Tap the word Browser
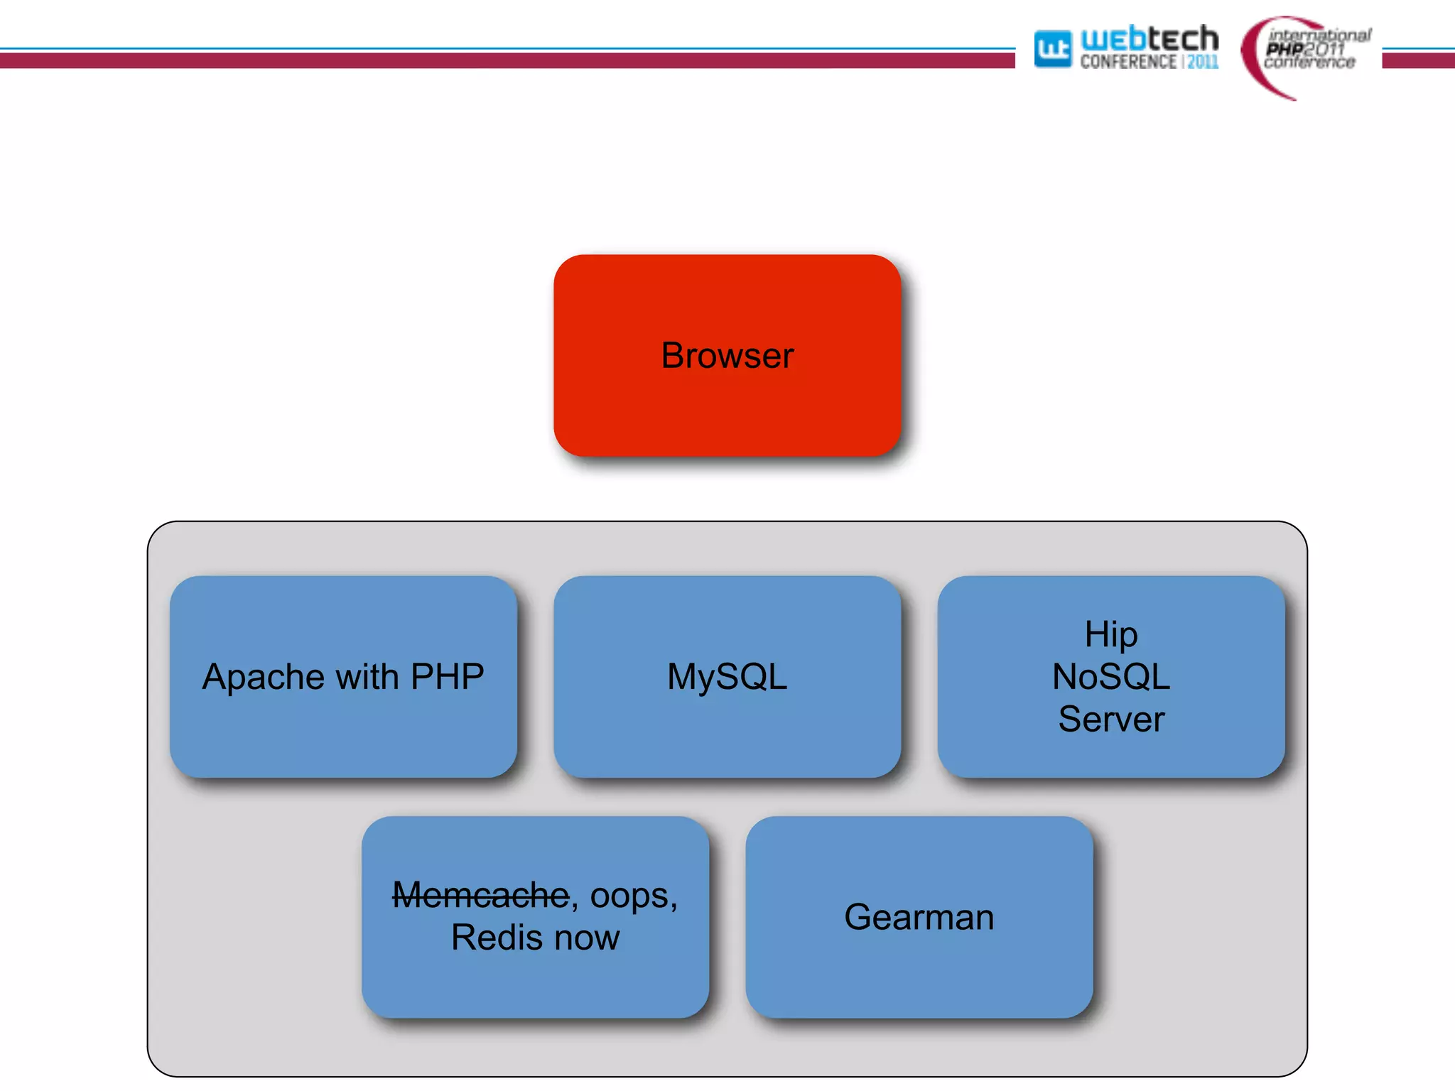[727, 355]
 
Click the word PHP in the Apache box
[447, 676]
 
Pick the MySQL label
[727, 677]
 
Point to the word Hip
[1110, 634]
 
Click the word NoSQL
[1110, 676]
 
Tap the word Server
[1110, 719]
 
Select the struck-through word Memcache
[480, 895]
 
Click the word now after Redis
[587, 938]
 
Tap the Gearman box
[919, 917]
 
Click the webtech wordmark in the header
[1149, 38]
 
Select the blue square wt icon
[1052, 49]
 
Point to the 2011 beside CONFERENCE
[1203, 63]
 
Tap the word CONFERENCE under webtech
[1127, 63]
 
